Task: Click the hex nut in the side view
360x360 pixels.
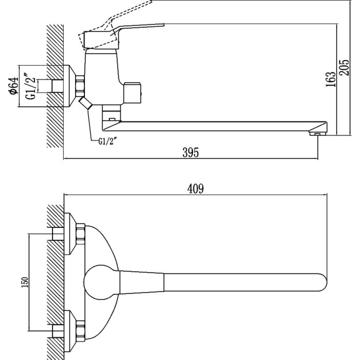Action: tap(81, 86)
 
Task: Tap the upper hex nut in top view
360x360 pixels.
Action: tap(81, 234)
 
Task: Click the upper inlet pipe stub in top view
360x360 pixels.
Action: tap(58, 234)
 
